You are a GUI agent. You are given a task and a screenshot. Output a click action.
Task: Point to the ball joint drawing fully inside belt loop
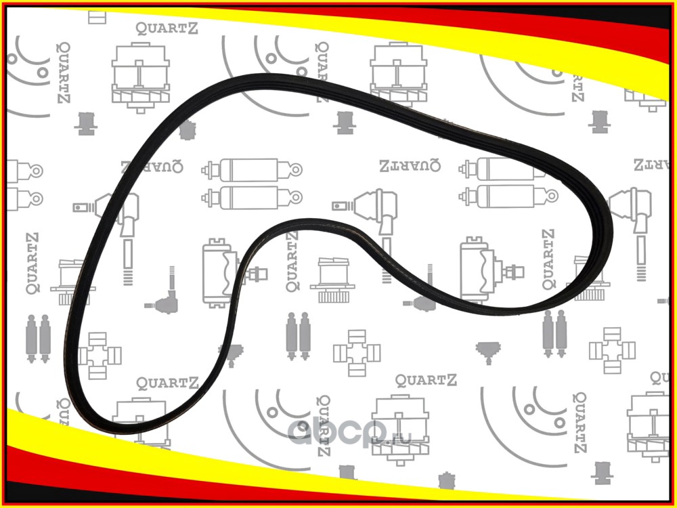click(x=162, y=301)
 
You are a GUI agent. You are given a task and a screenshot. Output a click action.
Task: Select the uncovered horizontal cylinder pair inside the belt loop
click(x=244, y=183)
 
